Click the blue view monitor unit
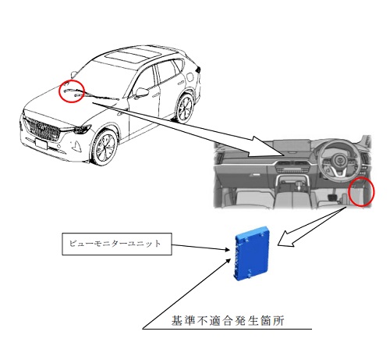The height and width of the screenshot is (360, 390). [252, 253]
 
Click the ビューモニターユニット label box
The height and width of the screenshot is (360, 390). [117, 244]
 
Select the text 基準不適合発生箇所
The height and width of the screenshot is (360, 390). [228, 320]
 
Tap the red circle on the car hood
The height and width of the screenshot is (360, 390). [72, 91]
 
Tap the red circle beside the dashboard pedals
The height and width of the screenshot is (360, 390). [361, 191]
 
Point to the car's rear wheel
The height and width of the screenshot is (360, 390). [184, 109]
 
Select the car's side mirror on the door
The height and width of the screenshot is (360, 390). [141, 92]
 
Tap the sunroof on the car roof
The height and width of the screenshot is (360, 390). [132, 54]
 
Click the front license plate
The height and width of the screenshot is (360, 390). [41, 144]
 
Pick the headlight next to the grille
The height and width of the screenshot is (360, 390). [81, 129]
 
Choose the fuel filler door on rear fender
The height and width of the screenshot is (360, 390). [190, 77]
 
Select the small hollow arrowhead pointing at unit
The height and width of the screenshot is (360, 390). [286, 240]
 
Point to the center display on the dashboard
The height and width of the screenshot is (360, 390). [292, 147]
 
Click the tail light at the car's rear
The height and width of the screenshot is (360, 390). [199, 70]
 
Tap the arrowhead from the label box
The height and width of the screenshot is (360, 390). [227, 250]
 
